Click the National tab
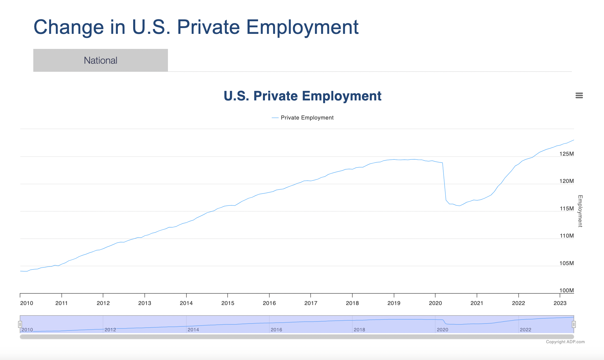(x=100, y=60)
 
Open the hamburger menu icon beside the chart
(x=579, y=95)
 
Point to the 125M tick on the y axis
(x=566, y=154)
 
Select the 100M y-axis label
(x=566, y=290)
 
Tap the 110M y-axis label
(x=566, y=236)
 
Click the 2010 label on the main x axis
(x=27, y=303)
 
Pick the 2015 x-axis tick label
(x=228, y=303)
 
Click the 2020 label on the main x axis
(x=435, y=303)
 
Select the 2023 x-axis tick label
(x=560, y=303)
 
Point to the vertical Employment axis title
(x=580, y=211)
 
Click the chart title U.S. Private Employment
(x=302, y=96)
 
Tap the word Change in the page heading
(x=69, y=27)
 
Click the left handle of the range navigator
(x=20, y=324)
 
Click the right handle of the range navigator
(x=574, y=324)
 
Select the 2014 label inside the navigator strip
(x=193, y=330)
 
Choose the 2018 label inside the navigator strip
(x=359, y=330)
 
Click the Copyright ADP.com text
(x=565, y=342)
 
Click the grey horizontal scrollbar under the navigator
(x=297, y=337)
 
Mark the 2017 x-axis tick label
(x=311, y=303)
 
